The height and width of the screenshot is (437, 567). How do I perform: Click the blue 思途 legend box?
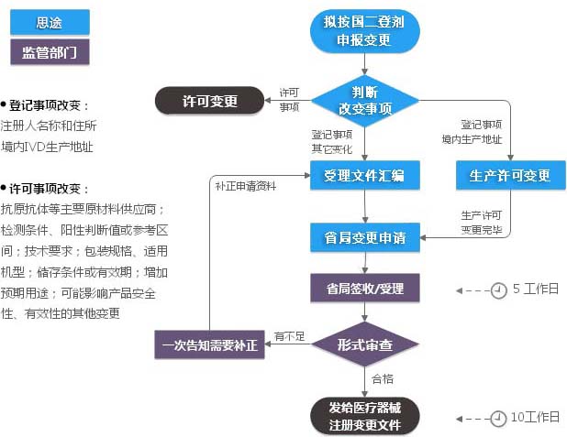pos(50,22)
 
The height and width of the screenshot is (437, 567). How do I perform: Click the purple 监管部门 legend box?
pos(50,51)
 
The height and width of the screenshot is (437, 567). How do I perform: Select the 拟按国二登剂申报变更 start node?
pos(364,31)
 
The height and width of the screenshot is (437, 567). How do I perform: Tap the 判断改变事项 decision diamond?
pos(365,100)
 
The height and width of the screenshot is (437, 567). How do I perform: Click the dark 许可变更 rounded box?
pos(209,101)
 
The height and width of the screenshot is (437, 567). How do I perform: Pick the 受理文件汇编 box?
pos(364,175)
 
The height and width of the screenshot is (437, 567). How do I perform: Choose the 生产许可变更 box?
pos(509,175)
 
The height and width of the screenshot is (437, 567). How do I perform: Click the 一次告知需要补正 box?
pos(209,344)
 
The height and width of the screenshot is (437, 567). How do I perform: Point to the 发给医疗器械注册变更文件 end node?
pos(364,416)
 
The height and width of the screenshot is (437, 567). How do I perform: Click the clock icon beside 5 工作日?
pos(498,290)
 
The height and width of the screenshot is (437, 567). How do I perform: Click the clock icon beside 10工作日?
pos(498,418)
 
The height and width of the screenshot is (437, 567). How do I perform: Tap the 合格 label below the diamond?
pos(383,377)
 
